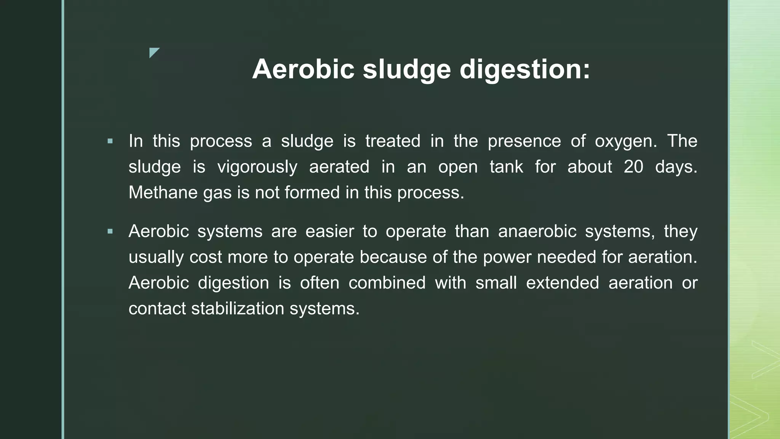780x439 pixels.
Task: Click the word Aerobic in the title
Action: (x=303, y=69)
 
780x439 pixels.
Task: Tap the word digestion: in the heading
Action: (x=525, y=70)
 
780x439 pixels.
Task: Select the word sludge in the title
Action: (x=406, y=70)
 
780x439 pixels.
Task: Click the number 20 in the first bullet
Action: (x=633, y=167)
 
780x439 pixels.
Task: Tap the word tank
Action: (x=506, y=167)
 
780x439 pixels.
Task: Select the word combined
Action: (x=387, y=283)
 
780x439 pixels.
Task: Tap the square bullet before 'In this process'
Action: (x=110, y=141)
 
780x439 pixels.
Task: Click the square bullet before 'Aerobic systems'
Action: (x=110, y=231)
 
